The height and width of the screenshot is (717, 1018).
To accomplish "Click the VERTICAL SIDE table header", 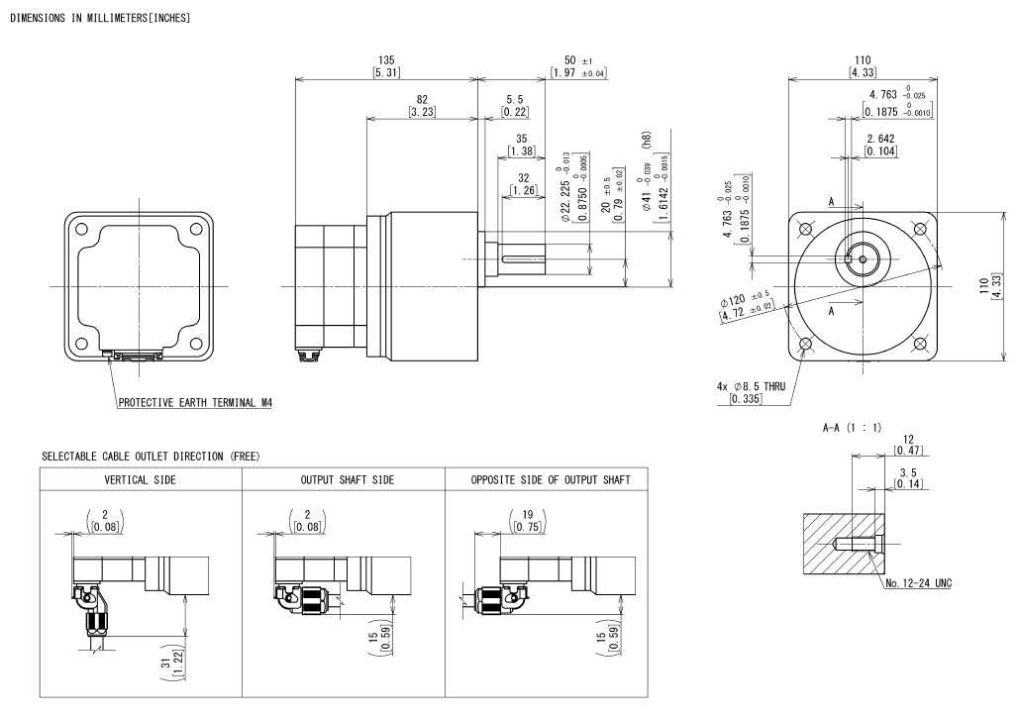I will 141,479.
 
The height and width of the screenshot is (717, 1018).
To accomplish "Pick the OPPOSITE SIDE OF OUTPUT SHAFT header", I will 553,479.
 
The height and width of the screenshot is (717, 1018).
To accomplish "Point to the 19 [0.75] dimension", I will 519,520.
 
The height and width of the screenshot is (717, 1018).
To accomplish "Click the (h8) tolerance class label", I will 645,142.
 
